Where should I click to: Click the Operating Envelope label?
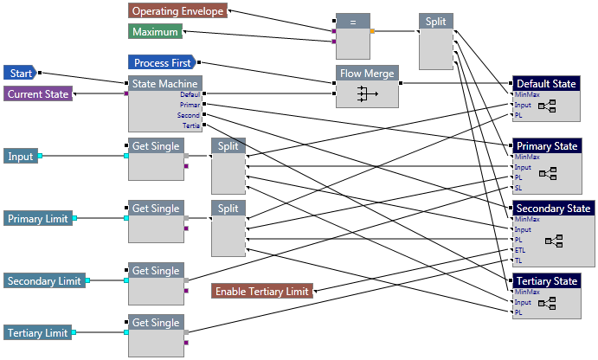pyautogui.click(x=178, y=11)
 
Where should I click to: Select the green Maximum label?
pyautogui.click(x=156, y=32)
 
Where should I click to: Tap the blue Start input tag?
pyautogui.click(x=18, y=73)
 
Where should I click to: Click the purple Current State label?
pyautogui.click(x=37, y=93)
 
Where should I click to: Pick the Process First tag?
pyautogui.click(x=163, y=62)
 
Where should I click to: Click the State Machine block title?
pyautogui.click(x=164, y=84)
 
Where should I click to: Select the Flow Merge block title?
pyautogui.click(x=367, y=74)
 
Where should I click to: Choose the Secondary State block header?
pyautogui.click(x=553, y=209)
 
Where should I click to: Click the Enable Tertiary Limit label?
pyautogui.click(x=262, y=292)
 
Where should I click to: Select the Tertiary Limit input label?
pyautogui.click(x=37, y=333)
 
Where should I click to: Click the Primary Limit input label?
pyautogui.click(x=37, y=219)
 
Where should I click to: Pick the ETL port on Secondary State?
pyautogui.click(x=520, y=250)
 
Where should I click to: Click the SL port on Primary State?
pyautogui.click(x=518, y=188)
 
